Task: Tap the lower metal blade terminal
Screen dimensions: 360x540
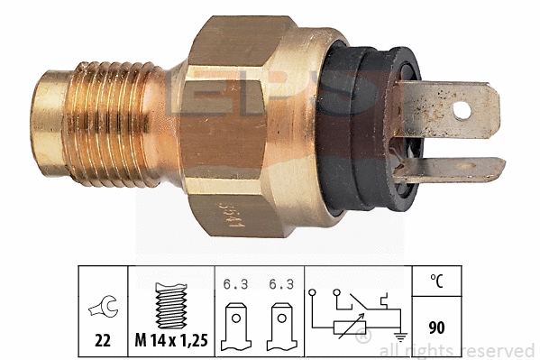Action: tap(451, 169)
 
